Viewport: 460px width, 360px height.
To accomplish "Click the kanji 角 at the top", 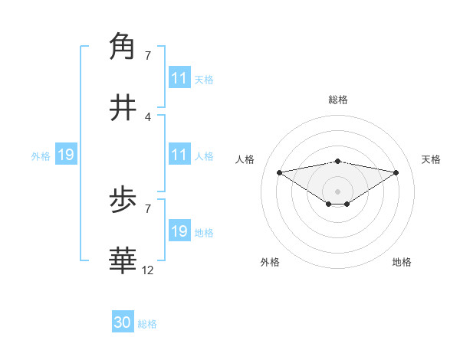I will [123, 45].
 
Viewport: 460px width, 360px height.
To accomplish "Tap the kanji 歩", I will [123, 202].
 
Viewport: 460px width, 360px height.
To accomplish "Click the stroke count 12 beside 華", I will [148, 270].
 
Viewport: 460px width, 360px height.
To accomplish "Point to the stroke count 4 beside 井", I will [147, 116].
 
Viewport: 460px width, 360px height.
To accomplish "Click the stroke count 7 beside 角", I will [147, 56].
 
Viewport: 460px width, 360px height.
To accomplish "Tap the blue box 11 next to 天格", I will [179, 78].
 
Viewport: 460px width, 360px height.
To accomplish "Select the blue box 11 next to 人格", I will [179, 155].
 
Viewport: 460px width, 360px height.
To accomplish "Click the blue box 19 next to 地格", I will [179, 231].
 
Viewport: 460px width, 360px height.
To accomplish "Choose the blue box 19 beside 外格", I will [65, 155].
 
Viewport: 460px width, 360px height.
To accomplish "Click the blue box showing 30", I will [123, 322].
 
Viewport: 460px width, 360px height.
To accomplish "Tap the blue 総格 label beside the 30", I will [147, 324].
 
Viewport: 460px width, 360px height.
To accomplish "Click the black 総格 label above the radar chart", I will [337, 100].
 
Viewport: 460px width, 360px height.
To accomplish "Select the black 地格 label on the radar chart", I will [402, 263].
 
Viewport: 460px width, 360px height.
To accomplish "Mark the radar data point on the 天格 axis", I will [396, 172].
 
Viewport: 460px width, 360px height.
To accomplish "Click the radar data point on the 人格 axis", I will [279, 172].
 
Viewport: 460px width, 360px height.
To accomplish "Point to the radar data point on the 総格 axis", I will [337, 161].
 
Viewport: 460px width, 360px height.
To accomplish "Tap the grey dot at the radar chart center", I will [337, 191].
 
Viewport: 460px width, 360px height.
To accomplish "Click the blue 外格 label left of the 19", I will [41, 156].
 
